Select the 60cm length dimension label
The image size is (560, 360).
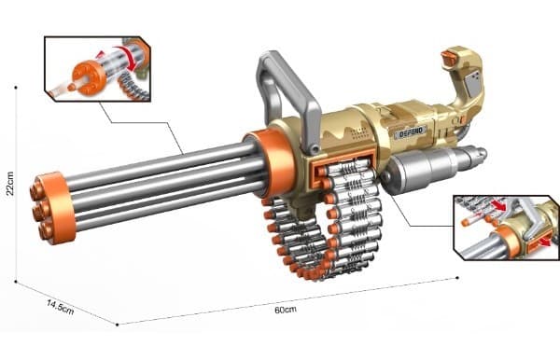(286, 310)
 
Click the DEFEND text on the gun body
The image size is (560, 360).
(412, 133)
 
